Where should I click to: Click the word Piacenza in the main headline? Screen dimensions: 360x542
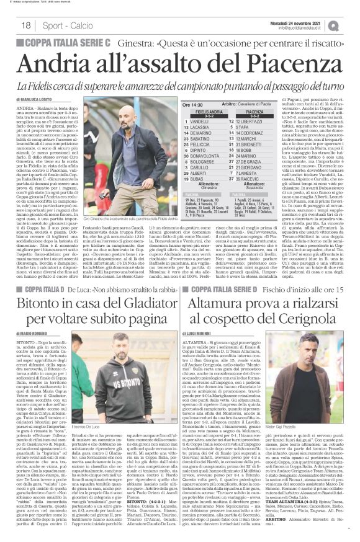point(292,63)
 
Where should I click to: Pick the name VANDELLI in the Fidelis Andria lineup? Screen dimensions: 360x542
point(208,120)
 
